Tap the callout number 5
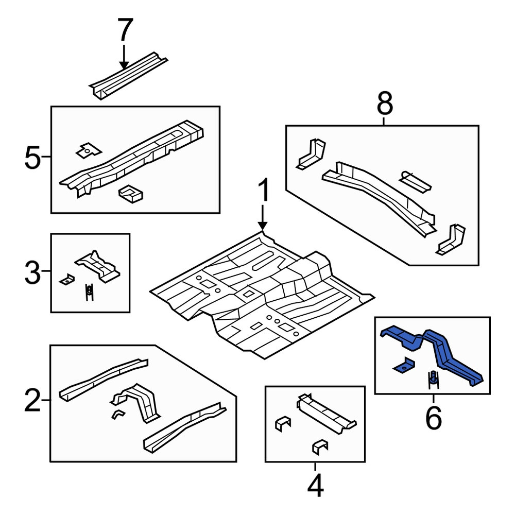tap(32, 158)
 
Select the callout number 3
tap(32, 272)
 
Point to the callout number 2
tap(32, 400)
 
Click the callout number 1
tap(263, 190)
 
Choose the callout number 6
tap(433, 418)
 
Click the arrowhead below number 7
tap(124, 65)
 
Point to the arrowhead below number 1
tap(263, 226)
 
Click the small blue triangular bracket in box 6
tap(404, 365)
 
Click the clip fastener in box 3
tap(89, 292)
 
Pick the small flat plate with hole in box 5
tap(89, 151)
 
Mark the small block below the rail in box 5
tap(131, 194)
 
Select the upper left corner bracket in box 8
tap(311, 153)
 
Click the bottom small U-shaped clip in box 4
tap(320, 447)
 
